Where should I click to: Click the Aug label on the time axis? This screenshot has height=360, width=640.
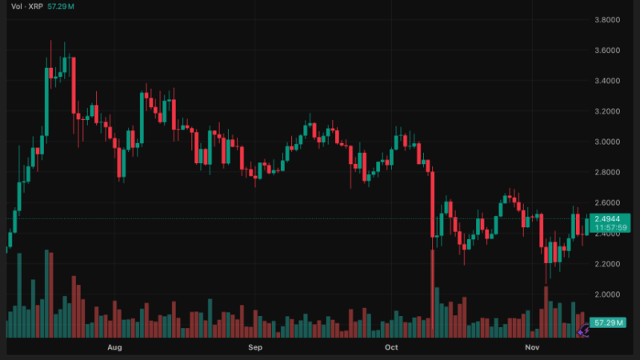114,348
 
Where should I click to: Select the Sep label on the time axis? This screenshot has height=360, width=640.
255,348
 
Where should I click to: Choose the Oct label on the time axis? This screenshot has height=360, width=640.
391,348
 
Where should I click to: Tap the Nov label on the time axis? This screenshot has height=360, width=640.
532,348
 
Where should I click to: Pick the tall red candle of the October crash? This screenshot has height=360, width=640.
432,204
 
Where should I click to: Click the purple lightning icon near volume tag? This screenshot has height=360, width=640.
583,329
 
